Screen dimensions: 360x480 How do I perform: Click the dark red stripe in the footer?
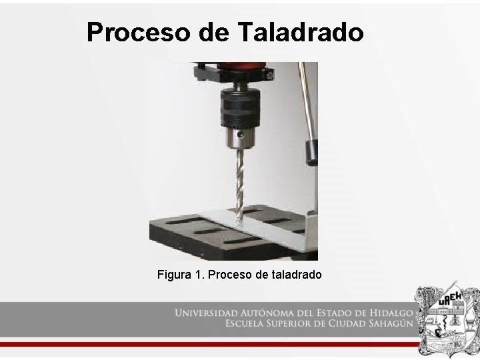pos(200,344)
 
